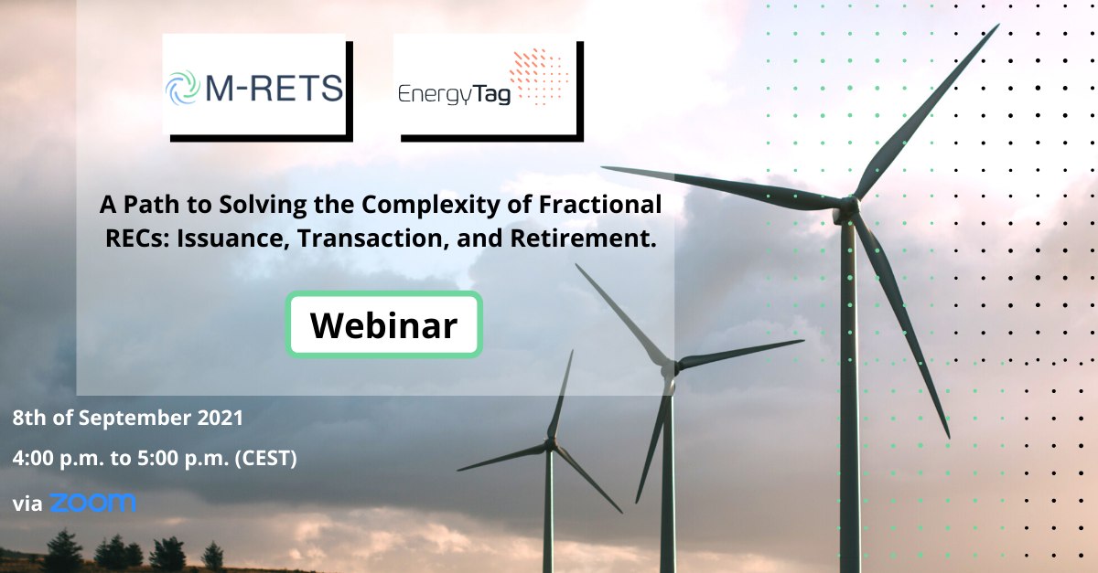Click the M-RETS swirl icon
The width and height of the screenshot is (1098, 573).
click(183, 88)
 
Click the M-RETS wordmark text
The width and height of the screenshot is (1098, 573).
click(274, 88)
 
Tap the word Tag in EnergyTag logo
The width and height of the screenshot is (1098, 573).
click(491, 94)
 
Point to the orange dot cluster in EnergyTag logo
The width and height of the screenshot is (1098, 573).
click(539, 77)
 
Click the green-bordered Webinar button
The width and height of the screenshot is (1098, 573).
click(383, 324)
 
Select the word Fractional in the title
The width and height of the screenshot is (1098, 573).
click(600, 204)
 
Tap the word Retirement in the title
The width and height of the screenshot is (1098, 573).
click(583, 238)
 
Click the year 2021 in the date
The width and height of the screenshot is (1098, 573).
click(221, 418)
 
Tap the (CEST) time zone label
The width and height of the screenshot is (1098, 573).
click(265, 459)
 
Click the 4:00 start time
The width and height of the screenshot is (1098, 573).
click(33, 459)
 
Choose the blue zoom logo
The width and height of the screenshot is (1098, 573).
click(93, 503)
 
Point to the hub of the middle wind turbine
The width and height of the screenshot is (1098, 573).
click(670, 367)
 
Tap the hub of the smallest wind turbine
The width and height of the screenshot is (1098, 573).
click(550, 444)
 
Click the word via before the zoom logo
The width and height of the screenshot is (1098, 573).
click(27, 504)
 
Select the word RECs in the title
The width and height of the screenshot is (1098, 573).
click(137, 239)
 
